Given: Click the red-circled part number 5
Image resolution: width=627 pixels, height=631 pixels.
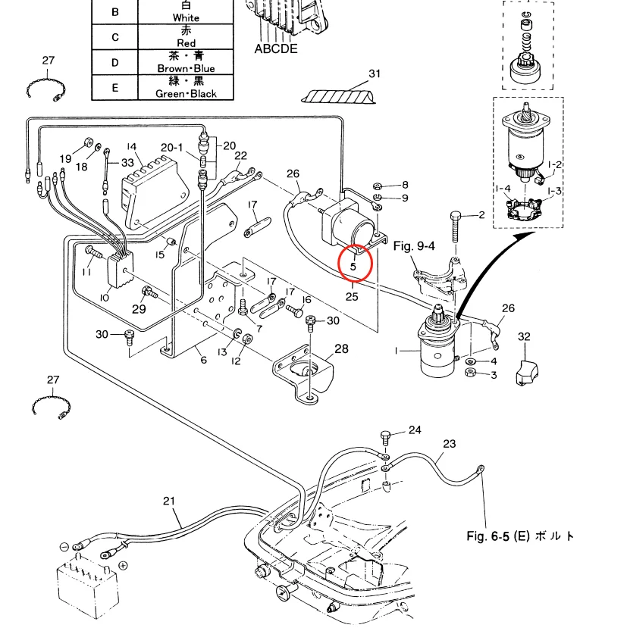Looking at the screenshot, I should pyautogui.click(x=353, y=266).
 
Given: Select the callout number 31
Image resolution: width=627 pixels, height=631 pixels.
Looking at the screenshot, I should pyautogui.click(x=373, y=73).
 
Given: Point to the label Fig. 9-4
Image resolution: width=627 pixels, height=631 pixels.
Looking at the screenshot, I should pyautogui.click(x=415, y=245).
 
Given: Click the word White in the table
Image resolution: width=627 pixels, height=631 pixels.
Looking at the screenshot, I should pyautogui.click(x=186, y=17).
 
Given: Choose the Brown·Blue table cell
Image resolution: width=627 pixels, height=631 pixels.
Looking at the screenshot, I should pyautogui.click(x=186, y=62).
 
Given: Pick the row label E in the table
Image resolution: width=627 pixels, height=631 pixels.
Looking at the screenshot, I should pyautogui.click(x=115, y=87).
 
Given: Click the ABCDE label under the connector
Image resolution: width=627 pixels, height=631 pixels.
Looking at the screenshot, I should pyautogui.click(x=276, y=49).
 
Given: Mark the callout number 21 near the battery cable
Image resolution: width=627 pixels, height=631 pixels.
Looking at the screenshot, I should pyautogui.click(x=168, y=501).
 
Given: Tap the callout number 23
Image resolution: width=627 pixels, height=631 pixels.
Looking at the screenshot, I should pyautogui.click(x=449, y=444).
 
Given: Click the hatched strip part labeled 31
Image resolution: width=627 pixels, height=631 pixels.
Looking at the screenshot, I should pyautogui.click(x=337, y=95).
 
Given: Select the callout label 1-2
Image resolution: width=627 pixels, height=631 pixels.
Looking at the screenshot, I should pyautogui.click(x=554, y=164).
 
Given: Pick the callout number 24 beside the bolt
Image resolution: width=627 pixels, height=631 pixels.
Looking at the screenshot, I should pyautogui.click(x=414, y=430).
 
